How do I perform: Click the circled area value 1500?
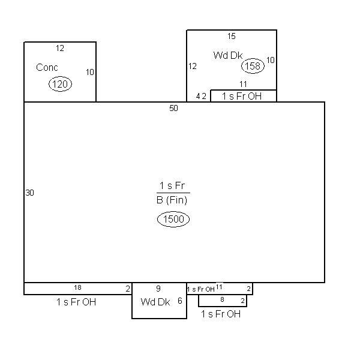pos(173,219)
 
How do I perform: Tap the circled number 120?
pos(60,84)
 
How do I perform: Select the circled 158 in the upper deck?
pos(253,66)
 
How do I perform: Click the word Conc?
pos(47,67)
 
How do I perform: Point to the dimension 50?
pos(173,108)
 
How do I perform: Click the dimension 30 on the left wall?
pos(30,193)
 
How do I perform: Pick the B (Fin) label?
pos(172,200)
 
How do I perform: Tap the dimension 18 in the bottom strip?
pos(77,287)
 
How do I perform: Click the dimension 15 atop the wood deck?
pos(232,36)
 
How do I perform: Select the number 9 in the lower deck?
pos(158,289)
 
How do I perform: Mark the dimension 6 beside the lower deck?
pos(180,301)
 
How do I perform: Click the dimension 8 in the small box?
pos(222,299)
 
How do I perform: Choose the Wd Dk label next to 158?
pos(228,55)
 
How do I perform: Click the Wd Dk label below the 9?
pos(155,302)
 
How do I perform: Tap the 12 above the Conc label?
pos(60,48)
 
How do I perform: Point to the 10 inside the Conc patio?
pos(90,72)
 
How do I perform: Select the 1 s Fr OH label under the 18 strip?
pos(76,302)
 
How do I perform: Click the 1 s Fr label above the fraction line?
pos(172,185)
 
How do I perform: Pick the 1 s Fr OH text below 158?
pos(242,96)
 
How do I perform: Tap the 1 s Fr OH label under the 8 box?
pos(221,314)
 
